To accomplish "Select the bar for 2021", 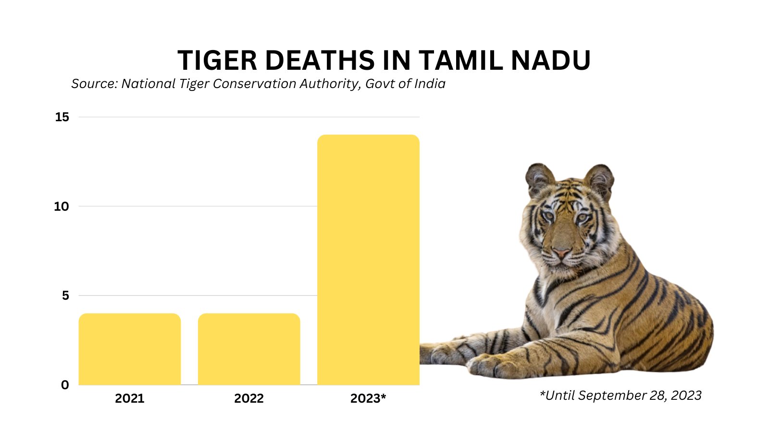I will point(130,349).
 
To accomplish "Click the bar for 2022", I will point(249,349).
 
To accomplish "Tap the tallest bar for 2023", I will point(368,260).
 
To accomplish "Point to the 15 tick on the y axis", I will point(62,117).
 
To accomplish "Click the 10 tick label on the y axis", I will point(62,206).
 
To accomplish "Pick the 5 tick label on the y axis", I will point(65,295).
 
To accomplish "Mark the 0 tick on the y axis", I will point(65,385).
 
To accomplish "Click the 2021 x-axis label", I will point(130,398).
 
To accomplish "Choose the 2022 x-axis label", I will point(249,398).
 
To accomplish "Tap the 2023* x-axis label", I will point(368,398).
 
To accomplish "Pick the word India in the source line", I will point(430,84).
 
